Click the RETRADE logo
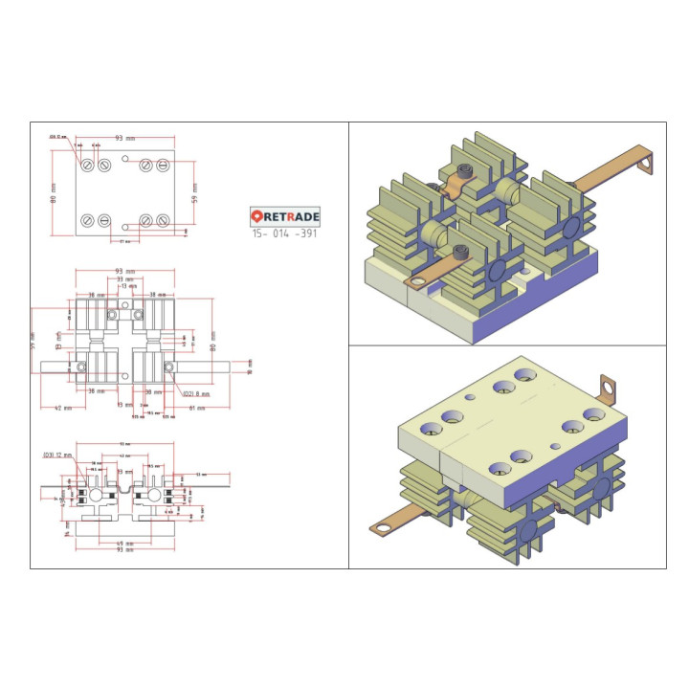[285, 216]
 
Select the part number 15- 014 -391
[285, 233]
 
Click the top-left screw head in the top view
[88, 165]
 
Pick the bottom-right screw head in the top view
[163, 221]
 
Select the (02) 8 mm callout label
[195, 393]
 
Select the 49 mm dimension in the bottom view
[124, 543]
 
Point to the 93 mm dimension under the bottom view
[124, 550]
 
